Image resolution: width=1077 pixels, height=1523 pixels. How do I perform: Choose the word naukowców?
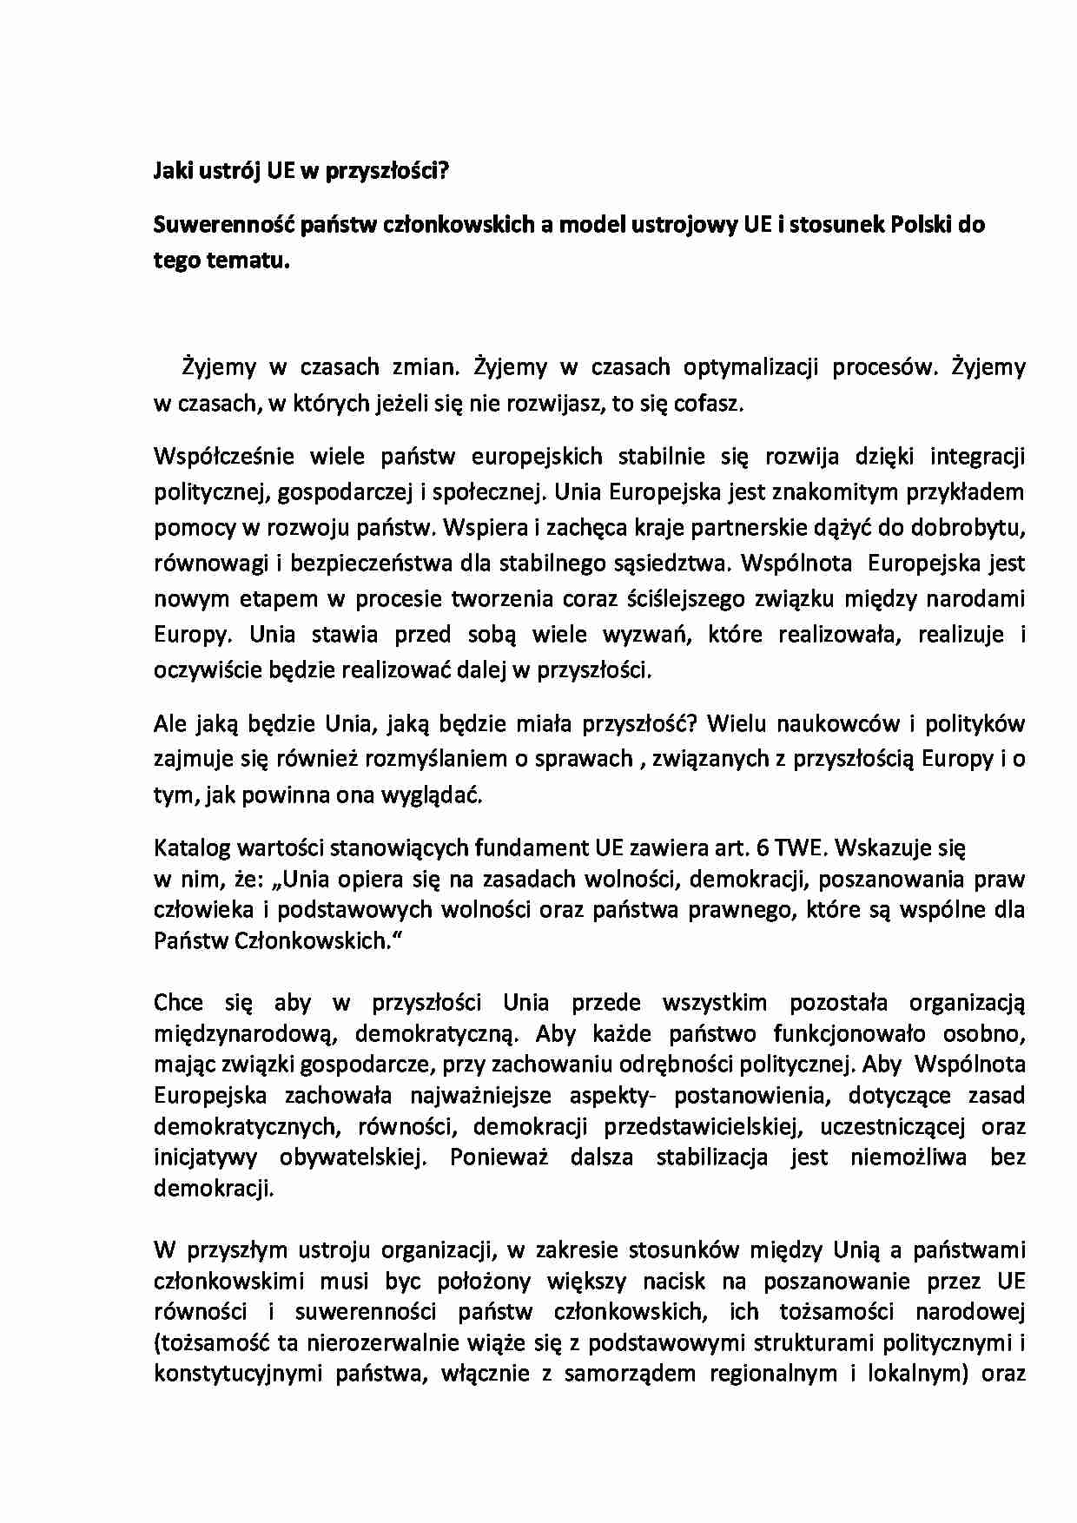pos(831,723)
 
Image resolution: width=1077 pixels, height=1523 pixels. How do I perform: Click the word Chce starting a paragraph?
pos(178,1003)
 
